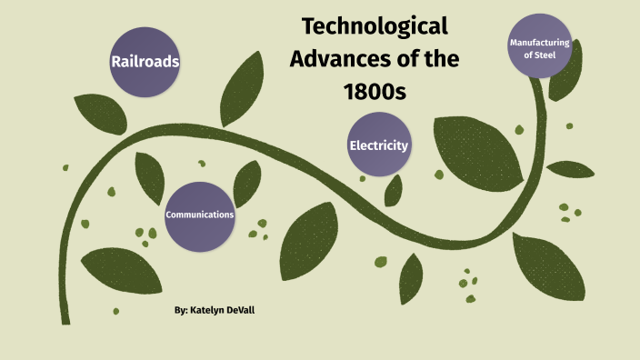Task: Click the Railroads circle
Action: (145, 62)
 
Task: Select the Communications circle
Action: (200, 215)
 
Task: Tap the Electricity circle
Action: (379, 145)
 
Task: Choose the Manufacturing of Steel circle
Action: (540, 48)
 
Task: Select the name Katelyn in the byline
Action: (212, 311)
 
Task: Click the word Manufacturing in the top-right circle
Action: (540, 43)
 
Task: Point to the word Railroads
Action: (145, 62)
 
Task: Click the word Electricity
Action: (379, 145)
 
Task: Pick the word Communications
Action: (200, 215)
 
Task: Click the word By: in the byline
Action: (181, 311)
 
